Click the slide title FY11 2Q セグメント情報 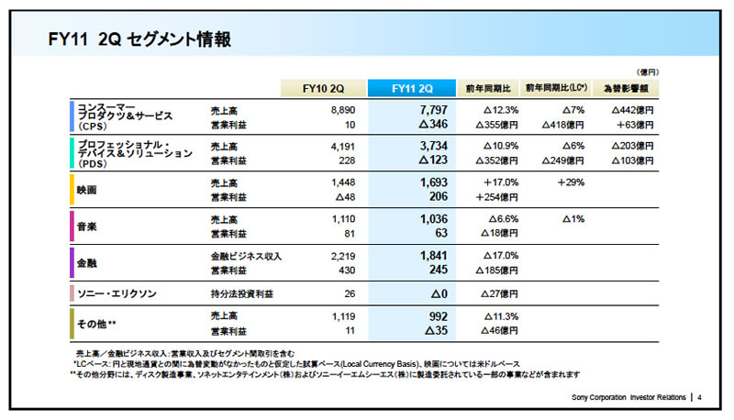(x=139, y=39)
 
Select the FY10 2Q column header (x=323, y=88)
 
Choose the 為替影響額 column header (x=626, y=88)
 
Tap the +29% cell (x=571, y=182)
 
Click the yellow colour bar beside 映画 (x=72, y=190)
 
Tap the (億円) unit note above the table (x=647, y=72)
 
